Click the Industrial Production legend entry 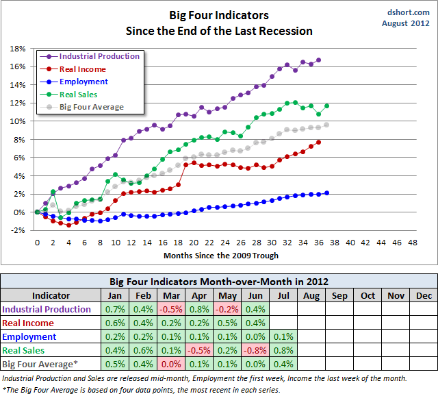(100, 56)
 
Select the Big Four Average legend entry (92, 107)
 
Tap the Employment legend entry (83, 82)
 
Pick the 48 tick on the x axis (412, 242)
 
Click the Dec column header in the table (424, 295)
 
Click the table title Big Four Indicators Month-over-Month (218, 281)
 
